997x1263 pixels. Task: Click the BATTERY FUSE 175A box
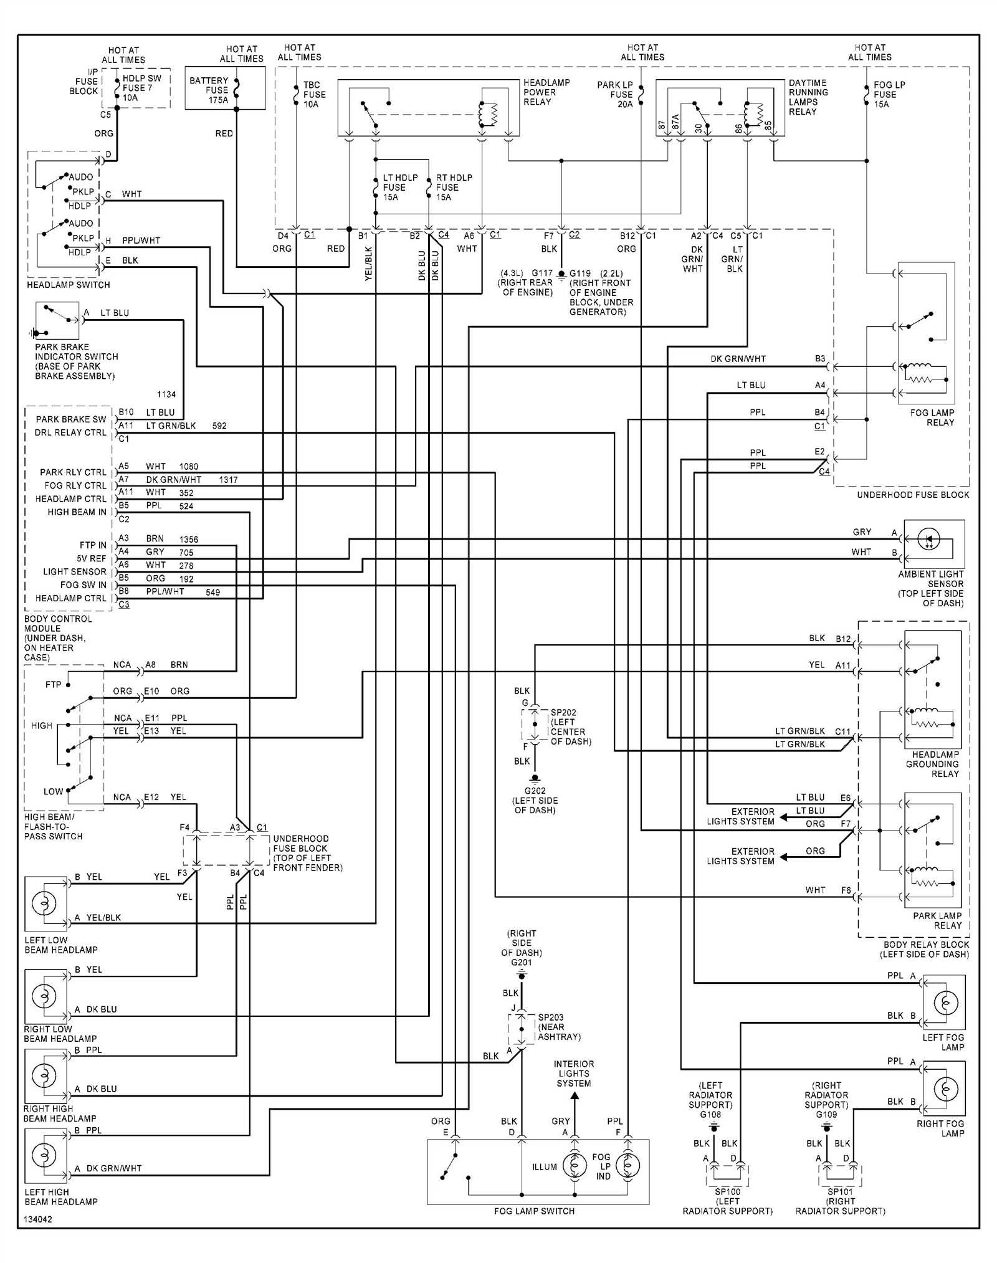click(225, 88)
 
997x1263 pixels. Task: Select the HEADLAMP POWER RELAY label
click(546, 92)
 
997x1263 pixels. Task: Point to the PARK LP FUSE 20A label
click(615, 94)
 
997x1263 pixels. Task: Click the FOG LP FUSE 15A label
click(888, 94)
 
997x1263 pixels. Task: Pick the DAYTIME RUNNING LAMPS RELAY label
click(808, 97)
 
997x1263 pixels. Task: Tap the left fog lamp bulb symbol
click(945, 1002)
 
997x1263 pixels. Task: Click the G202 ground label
click(535, 790)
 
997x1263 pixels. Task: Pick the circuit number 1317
click(228, 479)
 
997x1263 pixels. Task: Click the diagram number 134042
click(38, 1219)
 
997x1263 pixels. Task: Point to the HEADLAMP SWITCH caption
click(69, 285)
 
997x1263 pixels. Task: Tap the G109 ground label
click(826, 1114)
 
